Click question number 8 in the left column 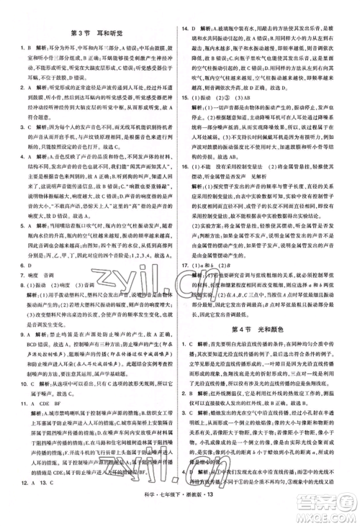point(24,285)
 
